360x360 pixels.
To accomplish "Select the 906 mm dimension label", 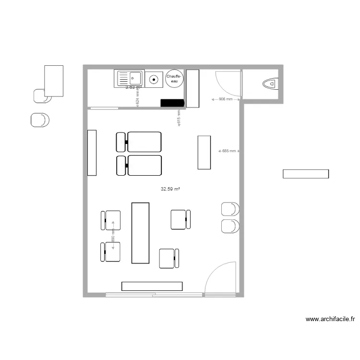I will pyautogui.click(x=225, y=99).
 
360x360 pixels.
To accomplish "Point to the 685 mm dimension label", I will pyautogui.click(x=228, y=151).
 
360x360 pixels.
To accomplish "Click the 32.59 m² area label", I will pyautogui.click(x=170, y=189).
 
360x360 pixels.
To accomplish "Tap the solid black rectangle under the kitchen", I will pyautogui.click(x=172, y=103).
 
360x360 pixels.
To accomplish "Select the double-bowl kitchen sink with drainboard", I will pyautogui.click(x=128, y=79).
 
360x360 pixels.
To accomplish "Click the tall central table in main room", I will pyautogui.click(x=140, y=233).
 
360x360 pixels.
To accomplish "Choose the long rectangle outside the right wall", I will pyautogui.click(x=306, y=174).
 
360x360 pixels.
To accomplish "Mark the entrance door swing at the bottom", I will pyautogui.click(x=221, y=277).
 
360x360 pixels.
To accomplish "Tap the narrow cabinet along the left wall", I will pyautogui.click(x=92, y=152).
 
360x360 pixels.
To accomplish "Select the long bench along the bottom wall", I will pyautogui.click(x=152, y=286).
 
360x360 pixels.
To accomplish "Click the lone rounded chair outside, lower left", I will pyautogui.click(x=40, y=120).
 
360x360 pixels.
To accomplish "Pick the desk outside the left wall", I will pyautogui.click(x=54, y=81).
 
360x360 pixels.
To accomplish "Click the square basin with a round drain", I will pyautogui.click(x=154, y=79).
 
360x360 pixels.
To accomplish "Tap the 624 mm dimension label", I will pyautogui.click(x=138, y=96).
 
